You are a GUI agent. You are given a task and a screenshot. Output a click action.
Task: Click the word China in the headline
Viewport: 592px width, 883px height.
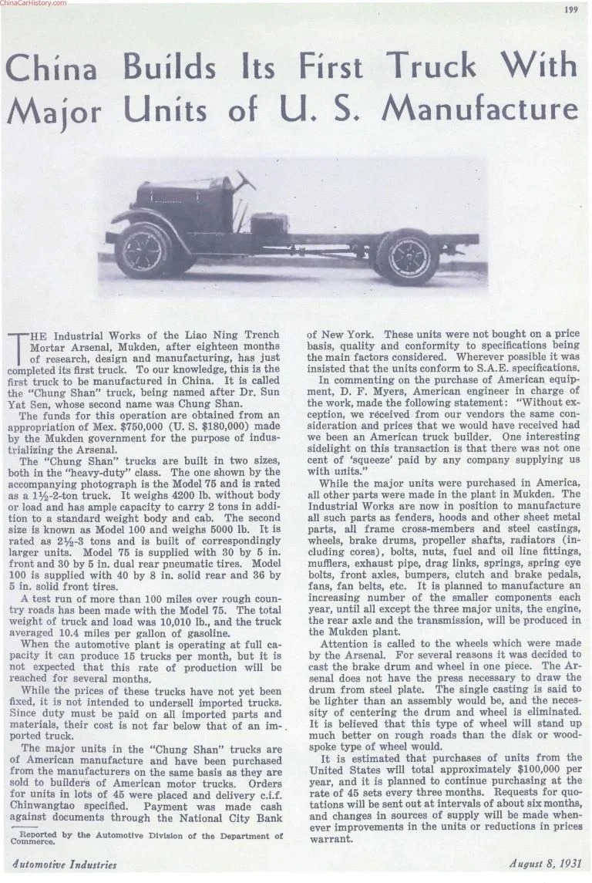55,72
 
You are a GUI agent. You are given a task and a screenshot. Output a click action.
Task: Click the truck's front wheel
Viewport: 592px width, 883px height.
144,250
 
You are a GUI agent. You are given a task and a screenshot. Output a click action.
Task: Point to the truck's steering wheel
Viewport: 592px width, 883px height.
246,182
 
